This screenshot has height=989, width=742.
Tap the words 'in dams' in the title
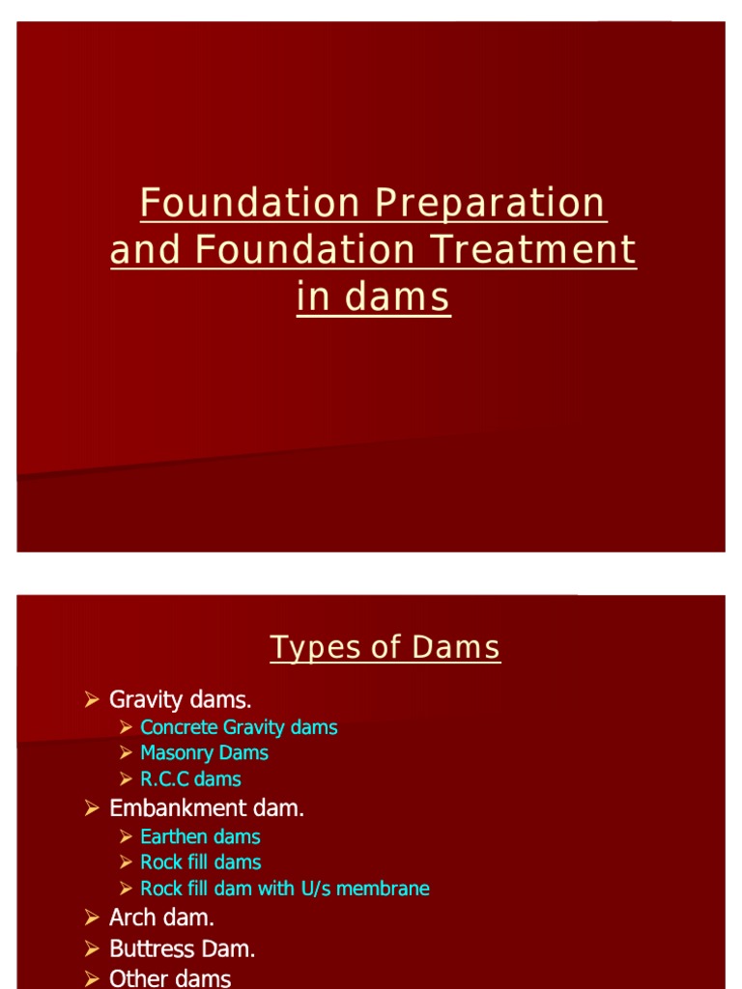(373, 298)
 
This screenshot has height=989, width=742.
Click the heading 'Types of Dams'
(385, 647)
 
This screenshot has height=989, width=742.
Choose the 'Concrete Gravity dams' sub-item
(239, 727)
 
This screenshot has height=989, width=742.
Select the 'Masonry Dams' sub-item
(204, 752)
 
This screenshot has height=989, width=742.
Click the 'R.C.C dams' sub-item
(190, 778)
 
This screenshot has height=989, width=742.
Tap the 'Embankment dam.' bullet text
(207, 808)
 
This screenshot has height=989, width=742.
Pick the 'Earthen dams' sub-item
(200, 836)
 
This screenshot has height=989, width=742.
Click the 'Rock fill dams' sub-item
(200, 862)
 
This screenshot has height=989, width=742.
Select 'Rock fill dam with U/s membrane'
(285, 888)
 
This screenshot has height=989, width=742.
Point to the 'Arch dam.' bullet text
(161, 918)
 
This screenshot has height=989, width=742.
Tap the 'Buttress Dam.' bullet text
(183, 948)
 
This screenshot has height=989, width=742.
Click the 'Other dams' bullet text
(170, 978)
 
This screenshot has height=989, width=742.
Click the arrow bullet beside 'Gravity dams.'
(93, 698)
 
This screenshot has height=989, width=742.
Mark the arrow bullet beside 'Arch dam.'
(93, 918)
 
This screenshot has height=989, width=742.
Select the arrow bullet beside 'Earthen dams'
(127, 836)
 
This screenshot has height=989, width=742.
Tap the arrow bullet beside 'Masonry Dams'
(127, 752)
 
